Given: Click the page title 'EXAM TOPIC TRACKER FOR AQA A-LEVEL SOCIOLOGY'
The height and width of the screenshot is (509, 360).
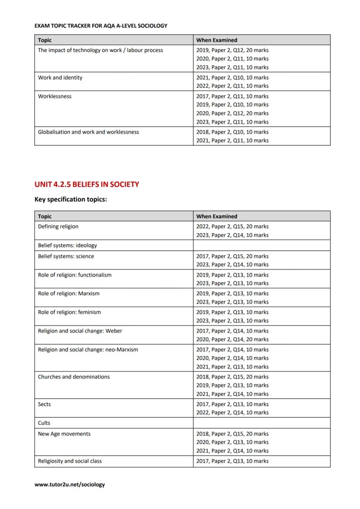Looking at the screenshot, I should coord(100,26).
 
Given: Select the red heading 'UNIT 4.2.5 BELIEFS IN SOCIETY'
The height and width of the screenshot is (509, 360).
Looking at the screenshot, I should coord(87,184).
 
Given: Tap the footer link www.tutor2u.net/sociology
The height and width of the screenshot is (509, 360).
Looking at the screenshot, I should coord(70,484).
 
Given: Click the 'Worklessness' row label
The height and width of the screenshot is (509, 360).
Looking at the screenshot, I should coord(55,96).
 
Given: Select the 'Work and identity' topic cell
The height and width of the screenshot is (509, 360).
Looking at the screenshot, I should coord(60,78).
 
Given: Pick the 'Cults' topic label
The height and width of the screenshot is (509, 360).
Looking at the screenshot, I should coord(44,423).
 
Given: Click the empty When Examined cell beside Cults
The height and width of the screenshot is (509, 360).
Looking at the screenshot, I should coord(261,423).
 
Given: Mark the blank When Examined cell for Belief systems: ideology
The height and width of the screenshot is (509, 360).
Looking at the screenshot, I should coord(261,245).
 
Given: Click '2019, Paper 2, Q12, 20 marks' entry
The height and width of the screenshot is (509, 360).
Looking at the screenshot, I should coord(232,50).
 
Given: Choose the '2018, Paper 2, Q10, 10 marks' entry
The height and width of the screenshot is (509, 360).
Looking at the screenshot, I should coord(232,132).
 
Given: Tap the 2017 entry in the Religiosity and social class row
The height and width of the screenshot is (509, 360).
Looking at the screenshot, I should coord(232,461).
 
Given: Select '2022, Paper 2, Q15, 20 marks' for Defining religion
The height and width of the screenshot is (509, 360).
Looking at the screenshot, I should coord(232,226).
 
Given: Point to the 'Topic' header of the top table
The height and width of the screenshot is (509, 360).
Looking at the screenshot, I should coord(45,40).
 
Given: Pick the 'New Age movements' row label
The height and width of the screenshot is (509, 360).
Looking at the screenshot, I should coord(64,434).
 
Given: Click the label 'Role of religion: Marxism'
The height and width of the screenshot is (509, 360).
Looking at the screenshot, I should coord(68,293).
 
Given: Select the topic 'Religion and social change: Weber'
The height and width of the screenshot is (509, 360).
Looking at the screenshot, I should coord(80,331).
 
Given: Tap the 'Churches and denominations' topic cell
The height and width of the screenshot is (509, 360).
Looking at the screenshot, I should coord(73,377).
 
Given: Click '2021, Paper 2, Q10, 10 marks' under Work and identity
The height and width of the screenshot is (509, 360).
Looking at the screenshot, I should coord(232,78).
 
